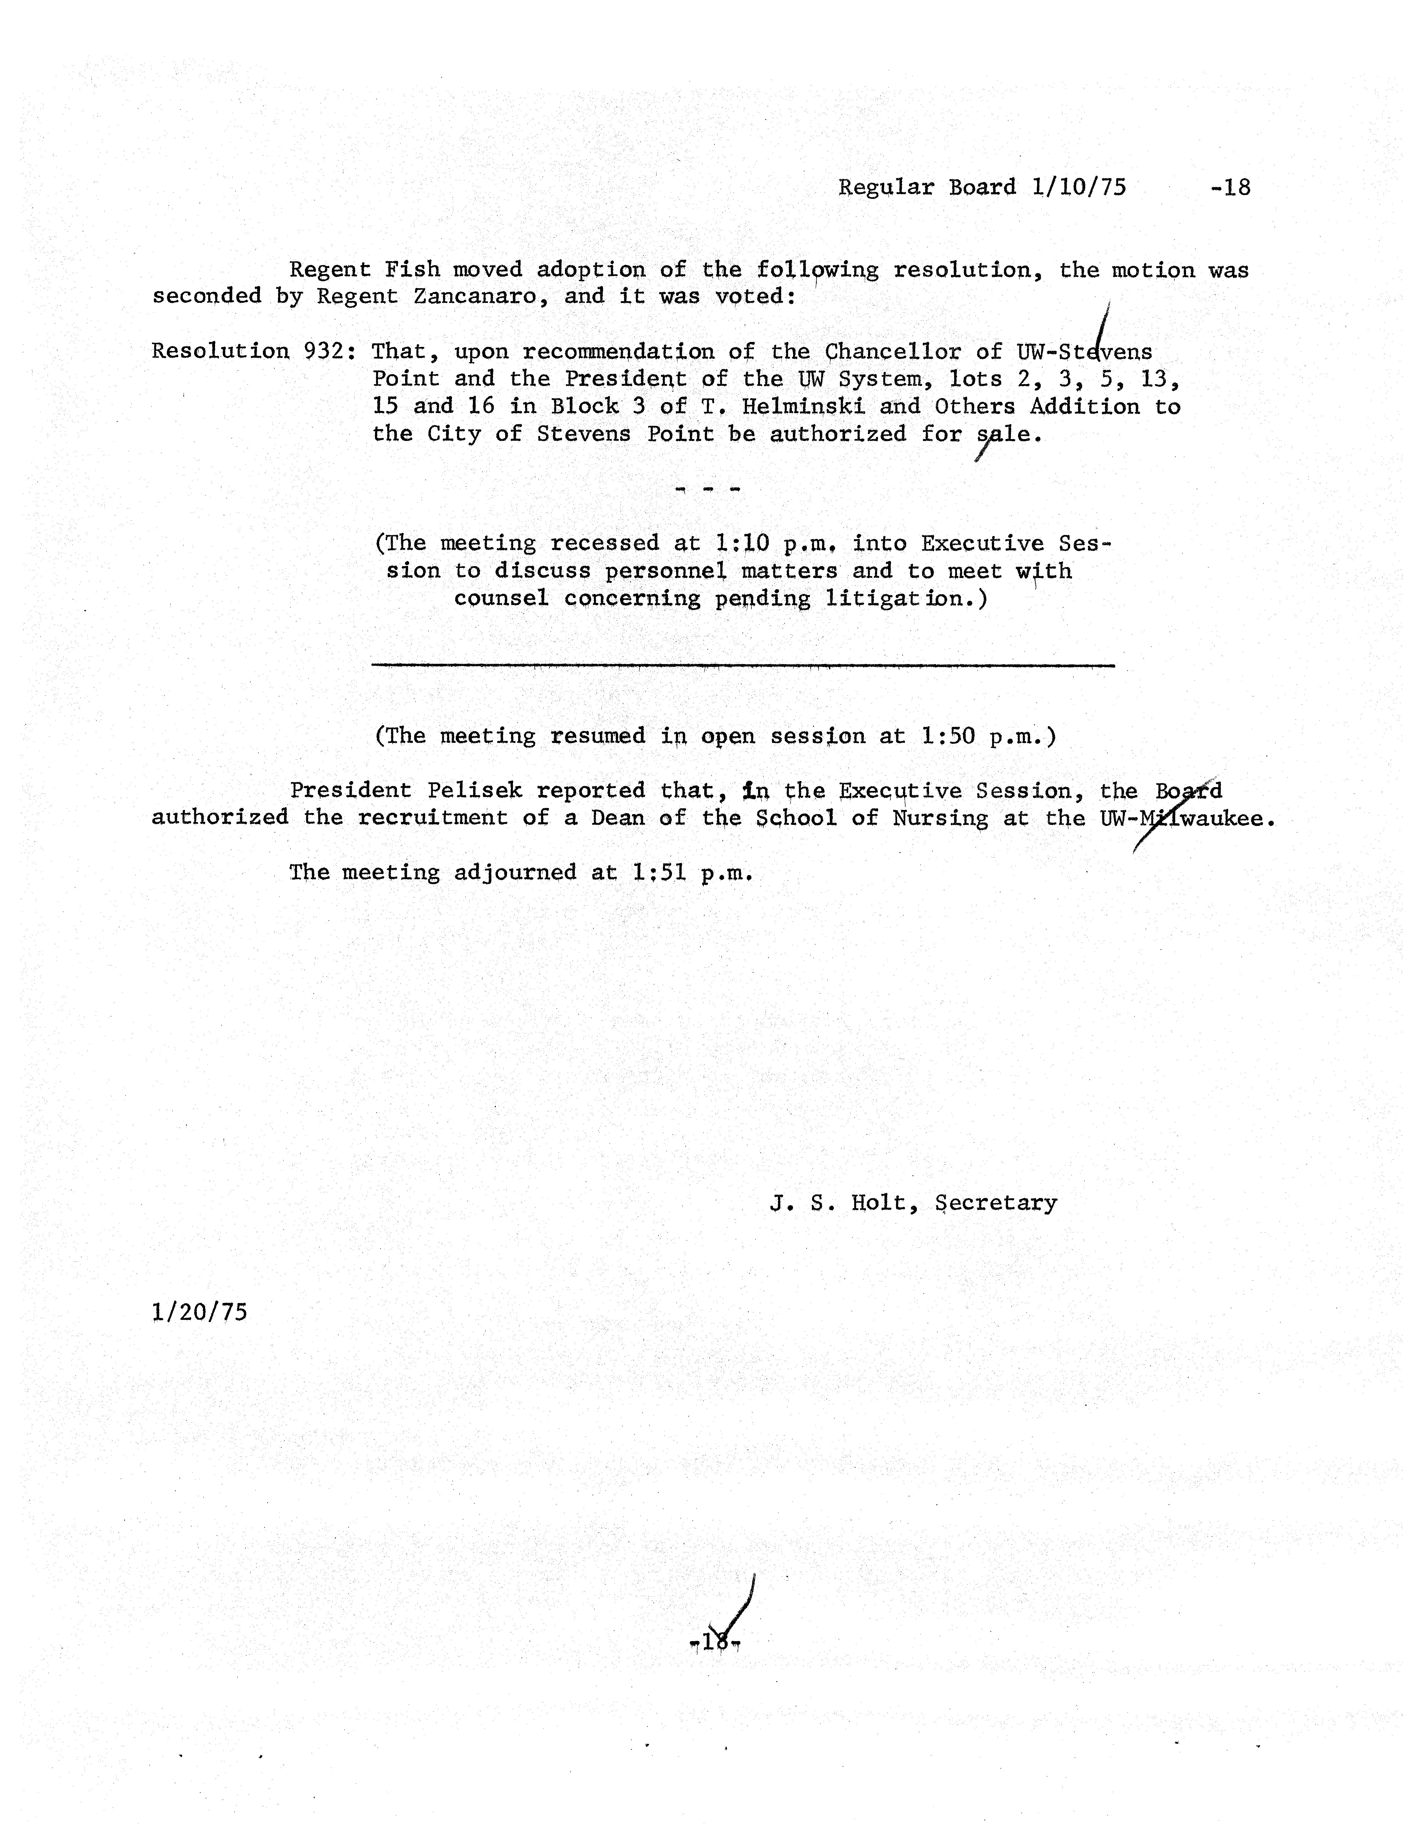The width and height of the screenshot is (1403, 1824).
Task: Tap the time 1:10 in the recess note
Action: coord(742,544)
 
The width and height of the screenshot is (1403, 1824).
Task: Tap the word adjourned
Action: coord(515,873)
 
